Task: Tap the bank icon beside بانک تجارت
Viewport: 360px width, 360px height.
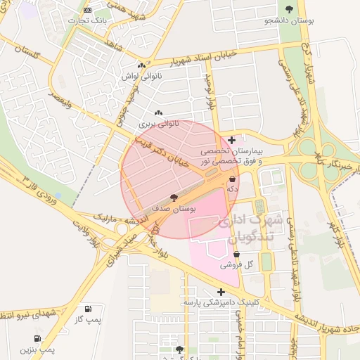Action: point(87,10)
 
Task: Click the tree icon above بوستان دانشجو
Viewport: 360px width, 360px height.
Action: point(290,9)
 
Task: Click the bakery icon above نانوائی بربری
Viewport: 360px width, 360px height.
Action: point(158,113)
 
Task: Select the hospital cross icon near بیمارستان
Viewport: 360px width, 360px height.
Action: point(232,141)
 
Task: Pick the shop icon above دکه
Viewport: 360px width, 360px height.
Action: point(232,179)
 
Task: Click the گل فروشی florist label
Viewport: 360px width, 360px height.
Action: point(236,265)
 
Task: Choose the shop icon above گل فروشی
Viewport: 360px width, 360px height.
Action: point(236,255)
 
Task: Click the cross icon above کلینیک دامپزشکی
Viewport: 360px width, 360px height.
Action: point(221,292)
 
